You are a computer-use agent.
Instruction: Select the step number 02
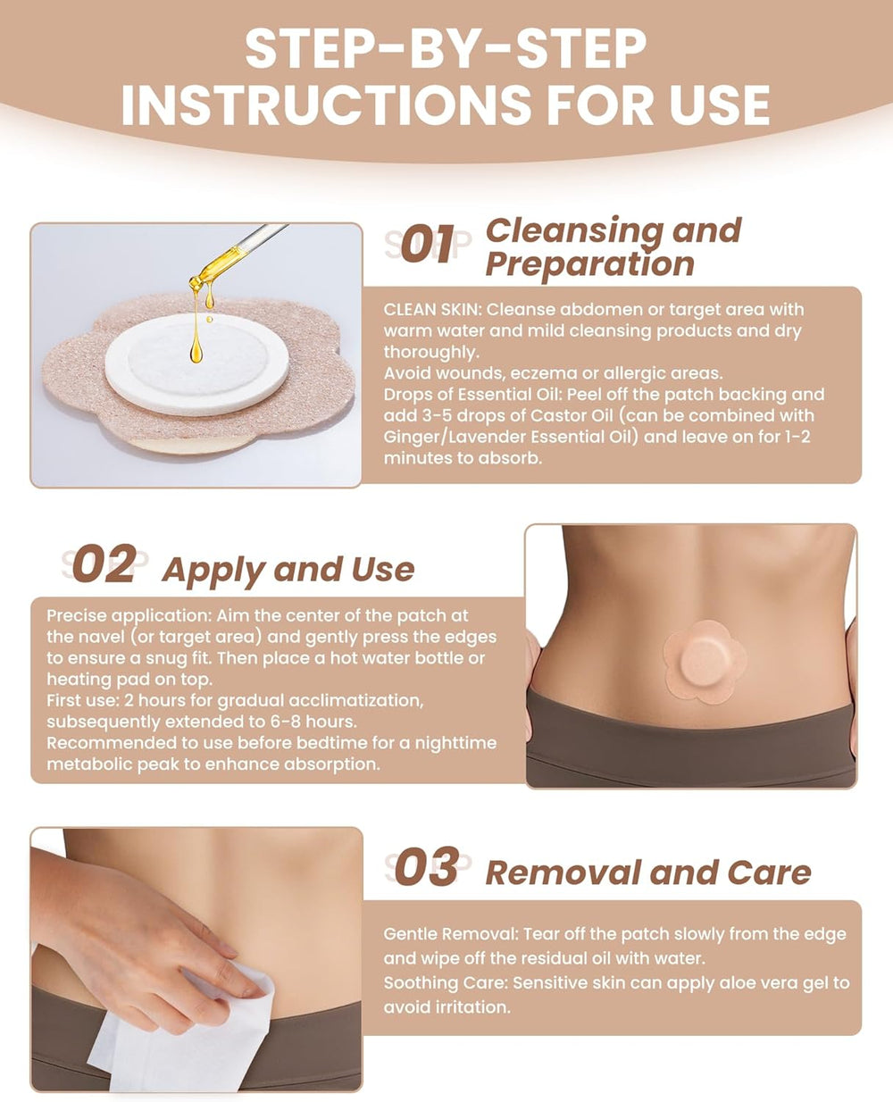[105, 564]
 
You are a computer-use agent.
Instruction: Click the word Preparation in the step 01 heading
[589, 264]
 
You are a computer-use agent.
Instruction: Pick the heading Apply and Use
[288, 570]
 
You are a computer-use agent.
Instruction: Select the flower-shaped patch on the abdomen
[705, 663]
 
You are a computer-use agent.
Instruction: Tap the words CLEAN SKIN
[432, 309]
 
